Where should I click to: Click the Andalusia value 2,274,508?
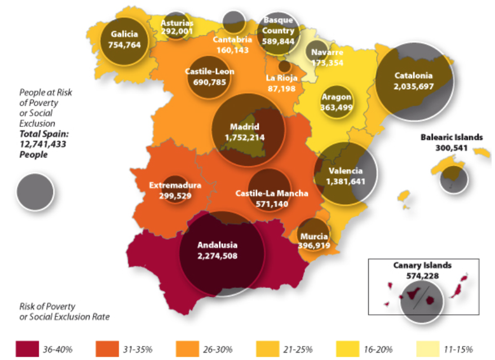coord(217,256)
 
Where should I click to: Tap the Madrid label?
coord(244,126)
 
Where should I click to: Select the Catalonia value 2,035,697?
coord(413,86)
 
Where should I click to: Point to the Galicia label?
coord(125,33)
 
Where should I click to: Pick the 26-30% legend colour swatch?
coord(188,348)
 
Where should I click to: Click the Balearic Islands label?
coord(452,137)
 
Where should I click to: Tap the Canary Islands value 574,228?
coord(422,275)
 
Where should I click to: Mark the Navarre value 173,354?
coord(326,63)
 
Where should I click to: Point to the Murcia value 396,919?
coord(314,246)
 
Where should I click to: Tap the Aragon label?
coord(337,97)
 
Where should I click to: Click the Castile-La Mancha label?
coord(271,194)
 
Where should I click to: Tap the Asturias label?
coord(177,23)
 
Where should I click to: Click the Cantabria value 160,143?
coord(232,50)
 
